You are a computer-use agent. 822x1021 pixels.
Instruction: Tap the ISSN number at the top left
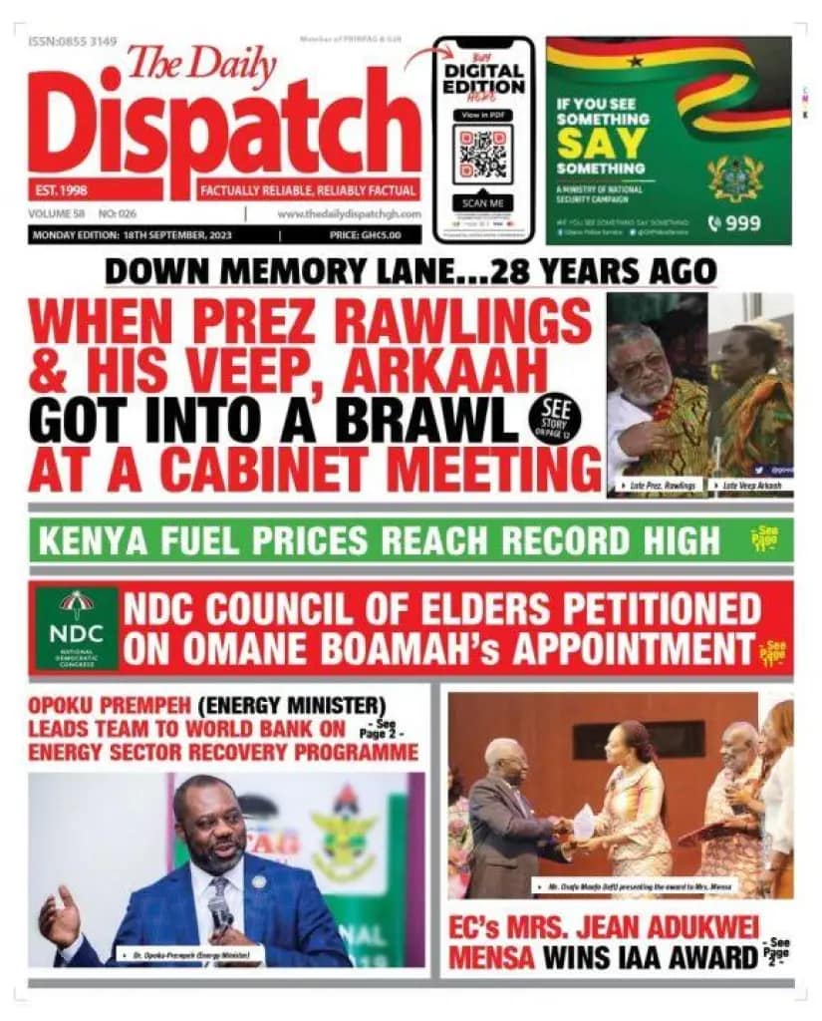point(73,42)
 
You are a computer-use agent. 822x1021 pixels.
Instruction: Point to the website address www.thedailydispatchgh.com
point(349,214)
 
